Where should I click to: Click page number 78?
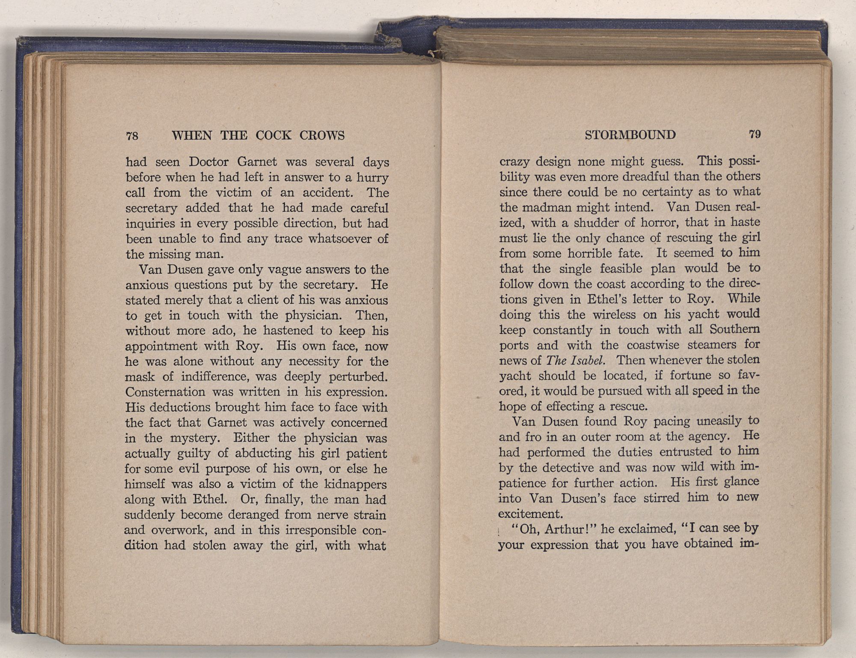[x=132, y=136]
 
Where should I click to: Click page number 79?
[x=755, y=135]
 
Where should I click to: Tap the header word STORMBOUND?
[x=630, y=135]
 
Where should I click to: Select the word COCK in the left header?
[x=273, y=136]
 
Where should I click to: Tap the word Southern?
[x=734, y=330]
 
